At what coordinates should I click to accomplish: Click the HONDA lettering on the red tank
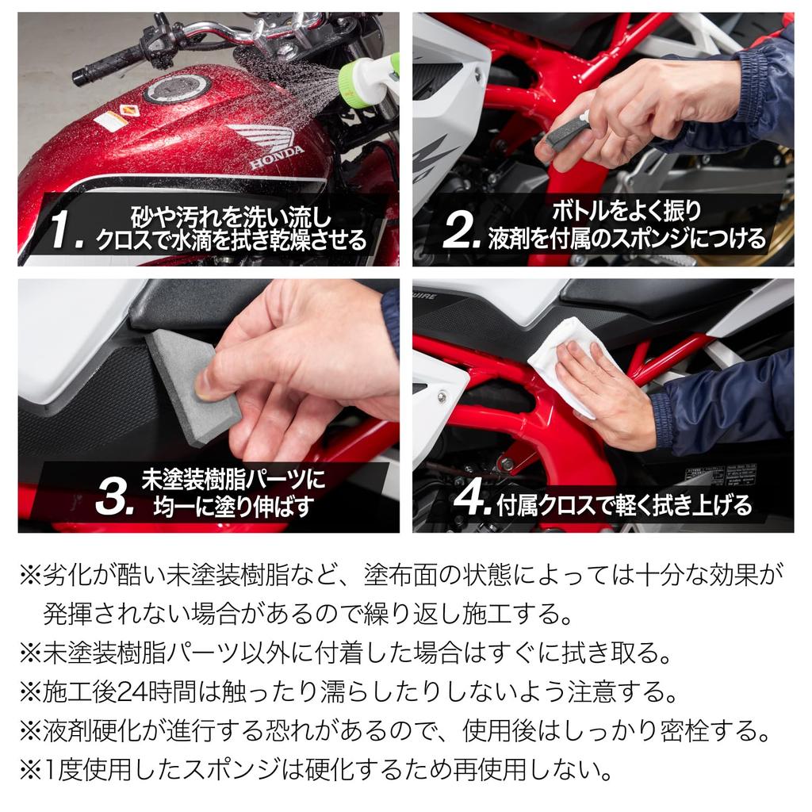coord(277,154)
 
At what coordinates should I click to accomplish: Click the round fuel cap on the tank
coord(176,89)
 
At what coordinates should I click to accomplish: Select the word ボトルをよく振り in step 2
coord(626,211)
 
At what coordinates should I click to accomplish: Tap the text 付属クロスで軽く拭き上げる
coord(624,504)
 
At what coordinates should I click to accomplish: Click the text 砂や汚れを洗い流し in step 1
coord(230,216)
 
